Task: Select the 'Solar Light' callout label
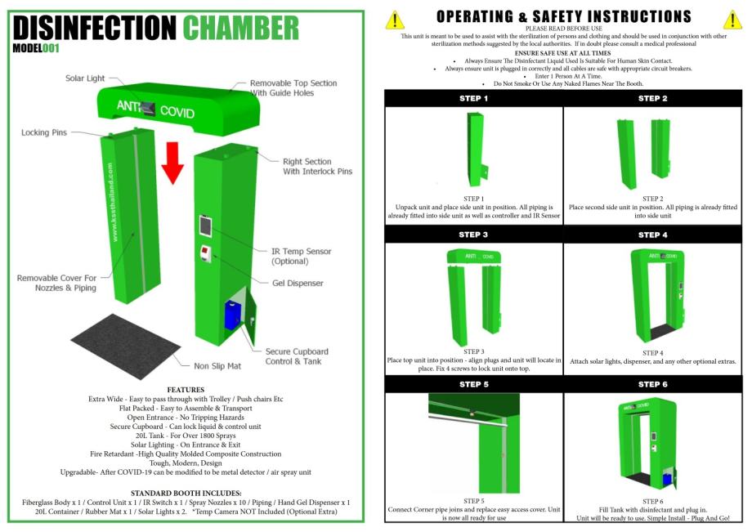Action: click(x=85, y=78)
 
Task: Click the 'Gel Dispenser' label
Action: click(x=298, y=283)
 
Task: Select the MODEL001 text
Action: click(x=37, y=47)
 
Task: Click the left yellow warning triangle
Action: click(x=396, y=20)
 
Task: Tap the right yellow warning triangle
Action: click(x=732, y=20)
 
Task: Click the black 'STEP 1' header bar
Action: click(x=473, y=98)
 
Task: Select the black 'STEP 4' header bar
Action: click(x=653, y=235)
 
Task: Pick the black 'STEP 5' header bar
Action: click(x=473, y=384)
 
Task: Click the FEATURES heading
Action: click(x=186, y=390)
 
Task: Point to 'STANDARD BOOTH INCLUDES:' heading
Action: click(x=186, y=493)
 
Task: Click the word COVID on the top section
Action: click(x=177, y=111)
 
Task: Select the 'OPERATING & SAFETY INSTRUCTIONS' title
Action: click(x=563, y=16)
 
